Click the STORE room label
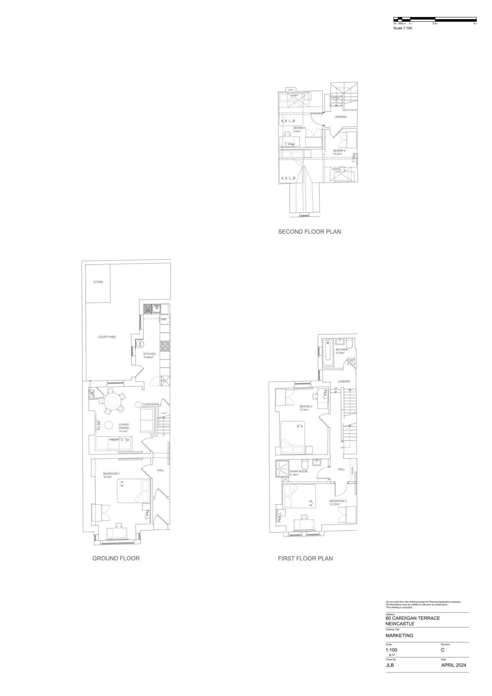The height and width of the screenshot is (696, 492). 98,282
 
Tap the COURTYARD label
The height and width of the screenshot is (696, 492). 107,337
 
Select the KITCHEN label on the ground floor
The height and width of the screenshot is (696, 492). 150,354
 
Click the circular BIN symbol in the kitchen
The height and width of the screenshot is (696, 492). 140,344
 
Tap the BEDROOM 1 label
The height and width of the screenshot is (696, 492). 111,474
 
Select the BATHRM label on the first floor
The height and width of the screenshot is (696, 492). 341,350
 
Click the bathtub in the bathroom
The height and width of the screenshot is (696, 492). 328,353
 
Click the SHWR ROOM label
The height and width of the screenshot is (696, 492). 299,471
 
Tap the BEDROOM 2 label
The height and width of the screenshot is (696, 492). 338,501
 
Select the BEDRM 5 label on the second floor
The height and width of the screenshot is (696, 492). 299,128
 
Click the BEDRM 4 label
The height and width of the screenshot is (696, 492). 339,151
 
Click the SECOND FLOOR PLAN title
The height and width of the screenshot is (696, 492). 309,232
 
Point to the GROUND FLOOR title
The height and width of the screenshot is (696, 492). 116,558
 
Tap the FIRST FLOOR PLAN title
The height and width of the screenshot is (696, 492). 305,558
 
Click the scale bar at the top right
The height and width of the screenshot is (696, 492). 435,19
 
